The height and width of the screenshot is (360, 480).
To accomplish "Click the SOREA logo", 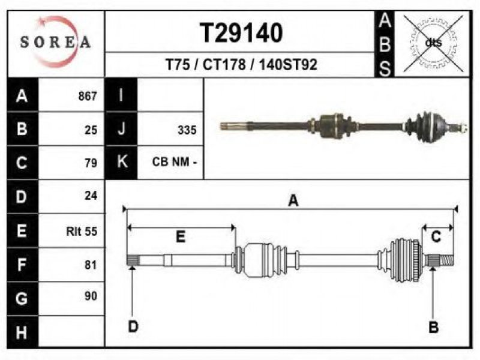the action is tap(55, 42).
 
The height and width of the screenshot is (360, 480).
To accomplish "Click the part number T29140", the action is tap(241, 33).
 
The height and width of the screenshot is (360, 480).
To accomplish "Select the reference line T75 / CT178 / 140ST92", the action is tap(241, 65).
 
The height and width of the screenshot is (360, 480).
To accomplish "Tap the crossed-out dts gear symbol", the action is tap(433, 43).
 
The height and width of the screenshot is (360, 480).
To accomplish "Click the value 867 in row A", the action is tap(88, 96).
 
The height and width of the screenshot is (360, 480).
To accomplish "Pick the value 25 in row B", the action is tap(91, 130).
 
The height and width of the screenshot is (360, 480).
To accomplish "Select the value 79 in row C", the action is tap(91, 163).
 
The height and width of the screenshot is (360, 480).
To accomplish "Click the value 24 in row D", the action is tap(91, 196).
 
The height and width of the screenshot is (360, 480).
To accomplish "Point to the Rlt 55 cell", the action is tap(82, 231).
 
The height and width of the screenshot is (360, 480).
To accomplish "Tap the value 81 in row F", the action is tap(91, 265).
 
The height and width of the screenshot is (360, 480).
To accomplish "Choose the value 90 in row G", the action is tap(91, 296).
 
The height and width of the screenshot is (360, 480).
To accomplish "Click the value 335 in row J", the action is tap(187, 130).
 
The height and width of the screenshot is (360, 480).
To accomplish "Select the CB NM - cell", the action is tap(174, 161).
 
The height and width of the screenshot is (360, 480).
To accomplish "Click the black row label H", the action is tap(22, 332).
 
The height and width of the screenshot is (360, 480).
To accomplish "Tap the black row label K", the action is tap(122, 161).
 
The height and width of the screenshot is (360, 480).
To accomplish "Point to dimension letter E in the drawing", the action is tap(181, 236).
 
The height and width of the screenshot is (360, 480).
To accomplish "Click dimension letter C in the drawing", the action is tap(436, 236).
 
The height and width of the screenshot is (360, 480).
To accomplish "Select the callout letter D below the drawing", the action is tap(133, 326).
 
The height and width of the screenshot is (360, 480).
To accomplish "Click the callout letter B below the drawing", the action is tap(433, 327).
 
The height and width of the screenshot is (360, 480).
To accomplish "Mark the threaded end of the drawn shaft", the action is tap(446, 260).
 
